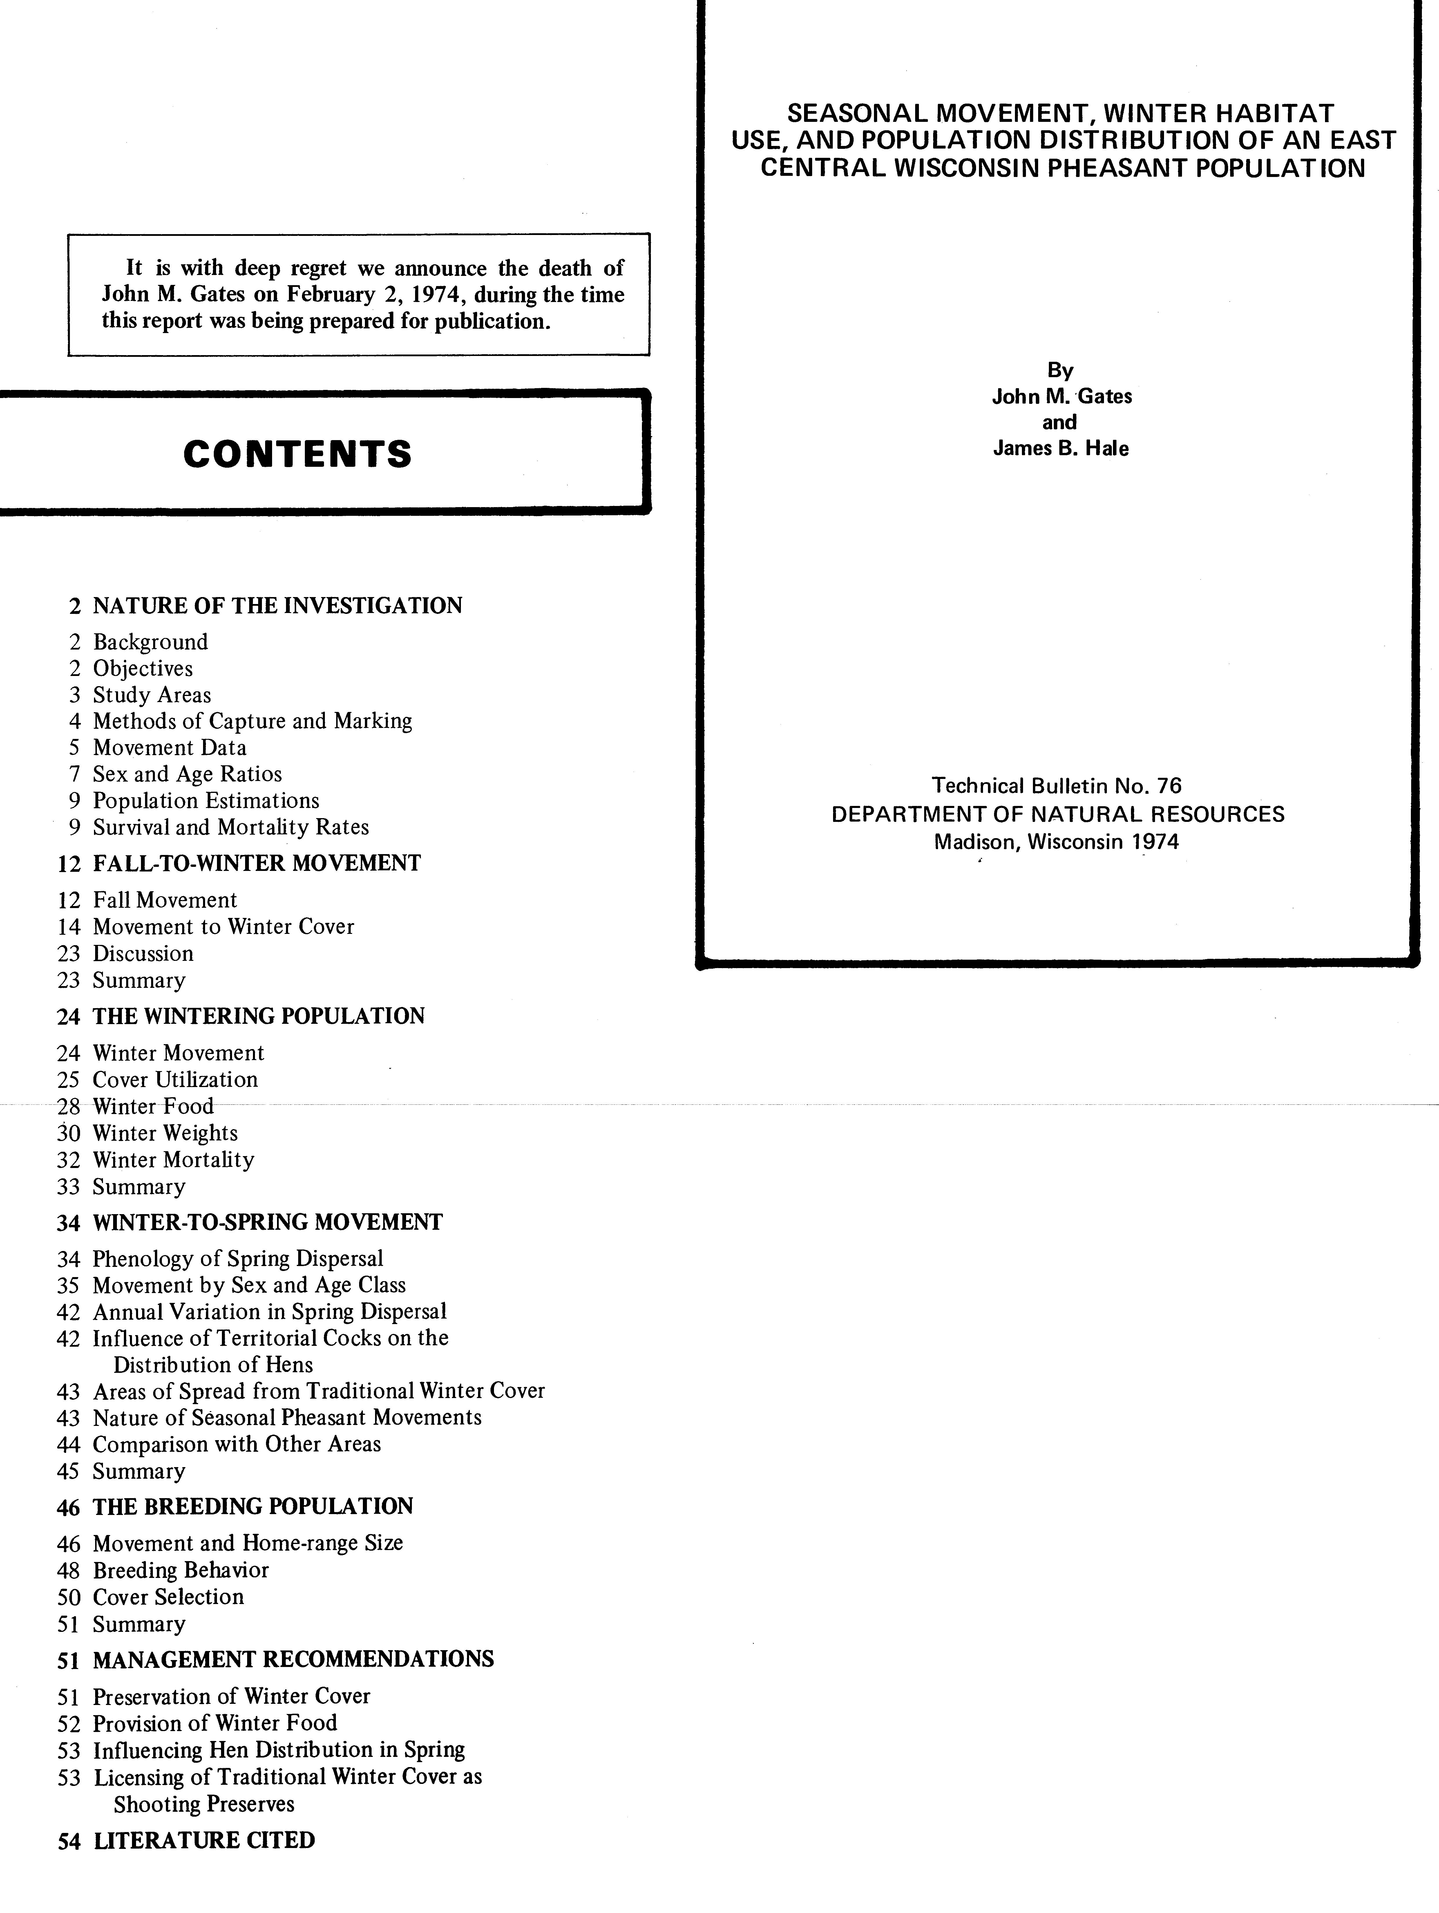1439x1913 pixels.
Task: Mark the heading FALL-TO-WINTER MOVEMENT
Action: (257, 863)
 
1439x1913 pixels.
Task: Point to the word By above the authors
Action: (1060, 370)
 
